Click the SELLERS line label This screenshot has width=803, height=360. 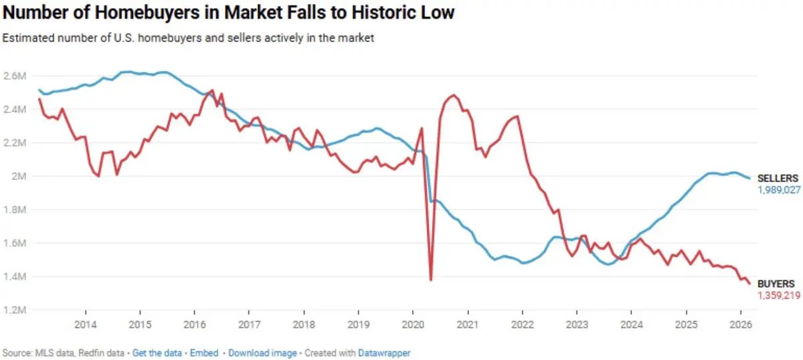pyautogui.click(x=777, y=179)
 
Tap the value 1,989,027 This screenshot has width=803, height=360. pyautogui.click(x=779, y=190)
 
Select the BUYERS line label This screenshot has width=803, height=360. pyautogui.click(x=776, y=284)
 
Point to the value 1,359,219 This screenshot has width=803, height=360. pyautogui.click(x=779, y=295)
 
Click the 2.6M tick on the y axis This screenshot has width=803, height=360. pyautogui.click(x=14, y=76)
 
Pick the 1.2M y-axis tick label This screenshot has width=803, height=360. pyautogui.click(x=14, y=310)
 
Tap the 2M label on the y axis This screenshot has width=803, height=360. pyautogui.click(x=18, y=177)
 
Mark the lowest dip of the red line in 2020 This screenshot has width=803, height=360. pyautogui.click(x=430, y=280)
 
